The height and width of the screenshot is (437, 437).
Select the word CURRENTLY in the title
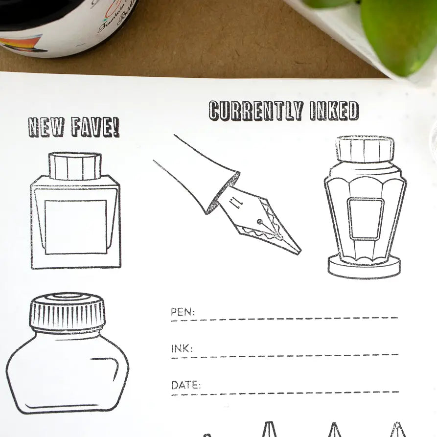[x=255, y=111]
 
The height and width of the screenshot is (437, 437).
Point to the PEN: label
[x=183, y=312]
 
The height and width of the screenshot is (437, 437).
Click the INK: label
[x=182, y=349]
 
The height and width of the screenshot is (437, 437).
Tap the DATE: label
[x=186, y=385]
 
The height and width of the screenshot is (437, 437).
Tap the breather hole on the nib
[x=259, y=222]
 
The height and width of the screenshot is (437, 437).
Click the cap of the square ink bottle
[x=75, y=166]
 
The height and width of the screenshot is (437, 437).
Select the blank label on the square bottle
[x=76, y=227]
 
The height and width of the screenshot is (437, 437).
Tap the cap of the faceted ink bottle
[x=365, y=149]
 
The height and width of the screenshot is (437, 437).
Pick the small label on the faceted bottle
[x=365, y=218]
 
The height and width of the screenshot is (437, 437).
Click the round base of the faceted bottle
[x=364, y=267]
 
